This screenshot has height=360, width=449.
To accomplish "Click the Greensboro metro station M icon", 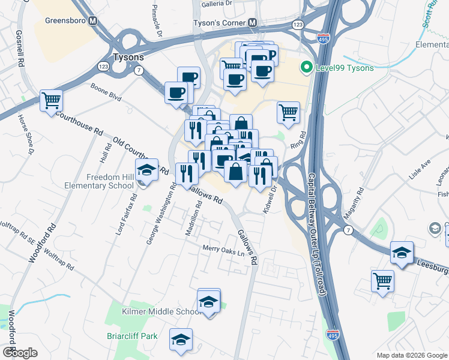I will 93,20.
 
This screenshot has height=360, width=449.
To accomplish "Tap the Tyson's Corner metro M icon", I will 253,23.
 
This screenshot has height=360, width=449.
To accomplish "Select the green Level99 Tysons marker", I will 308,68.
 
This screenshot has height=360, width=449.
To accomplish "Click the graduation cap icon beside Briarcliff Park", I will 181,340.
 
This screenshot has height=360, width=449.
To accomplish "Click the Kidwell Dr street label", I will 270,197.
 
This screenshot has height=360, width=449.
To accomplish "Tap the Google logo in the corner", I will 19,353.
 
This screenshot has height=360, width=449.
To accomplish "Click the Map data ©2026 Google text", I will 411,355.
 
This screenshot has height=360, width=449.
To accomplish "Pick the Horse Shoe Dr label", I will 25,135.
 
